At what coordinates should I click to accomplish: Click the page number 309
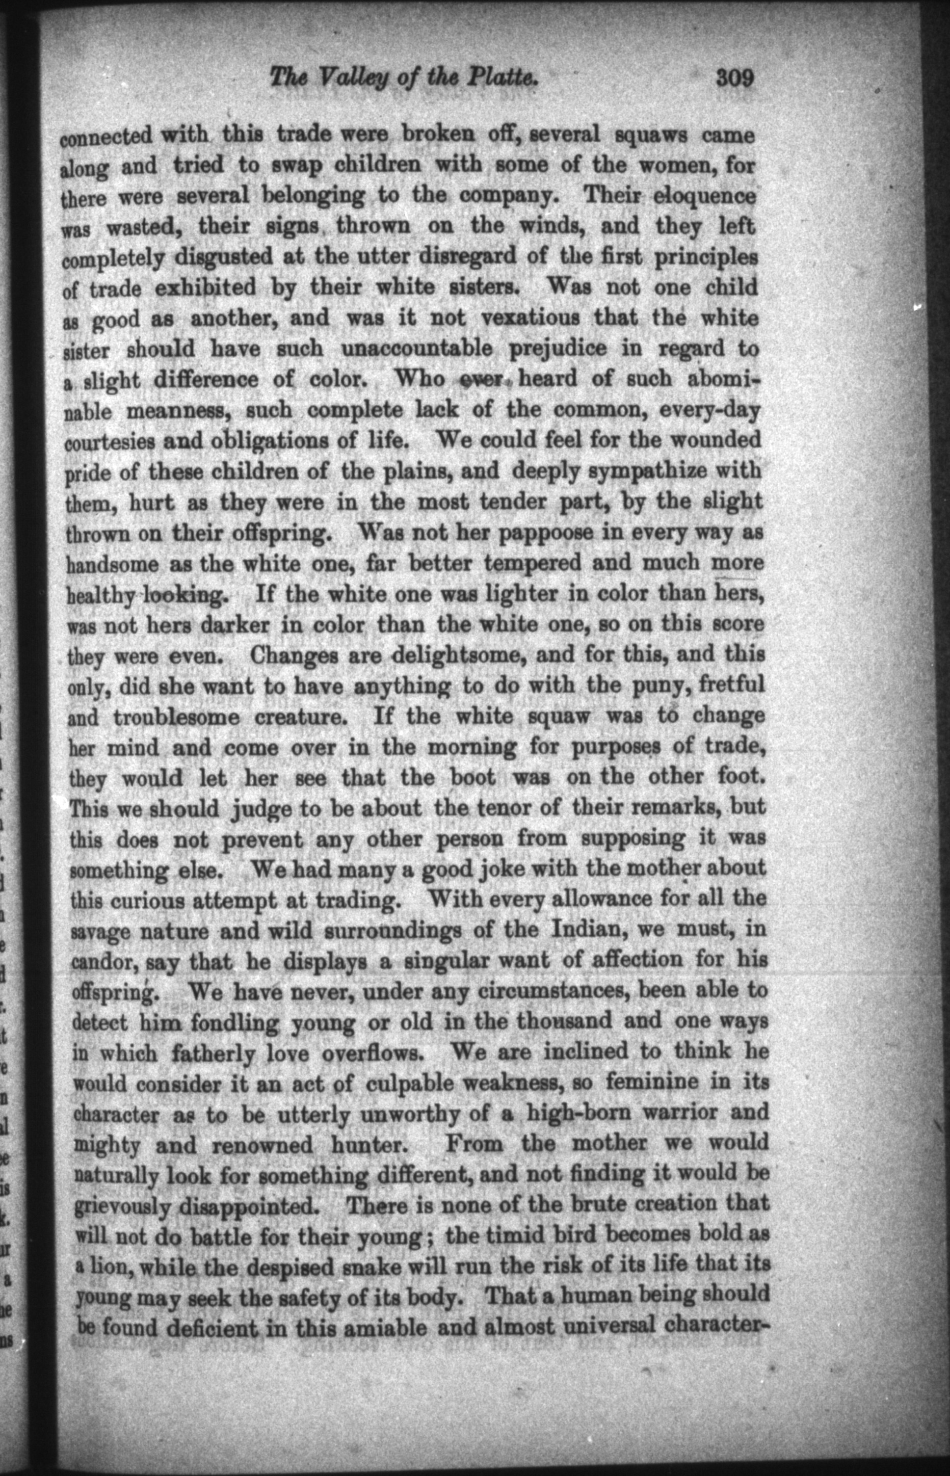(735, 79)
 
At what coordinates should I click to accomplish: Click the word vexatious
(530, 319)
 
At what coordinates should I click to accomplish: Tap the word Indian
(574, 930)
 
